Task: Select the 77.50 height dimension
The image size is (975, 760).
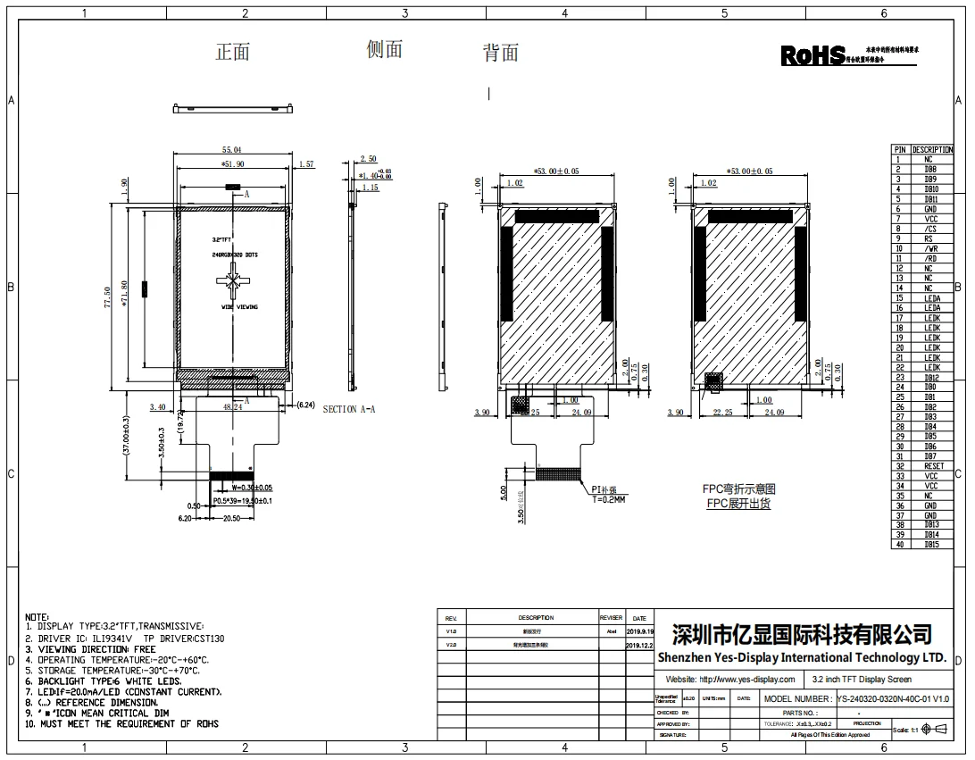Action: [x=109, y=297]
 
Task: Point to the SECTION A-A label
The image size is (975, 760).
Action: [x=349, y=409]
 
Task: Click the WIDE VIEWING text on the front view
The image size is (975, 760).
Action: [x=239, y=307]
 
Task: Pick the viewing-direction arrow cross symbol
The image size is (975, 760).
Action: [x=234, y=283]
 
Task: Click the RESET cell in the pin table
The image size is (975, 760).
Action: [x=931, y=466]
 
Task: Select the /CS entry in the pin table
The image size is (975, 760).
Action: [x=931, y=230]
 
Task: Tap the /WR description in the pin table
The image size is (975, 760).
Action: [x=931, y=249]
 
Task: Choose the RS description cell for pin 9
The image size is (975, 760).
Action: [x=931, y=239]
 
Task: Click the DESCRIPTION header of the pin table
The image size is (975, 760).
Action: [x=931, y=150]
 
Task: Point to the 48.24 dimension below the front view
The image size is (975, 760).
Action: [x=232, y=407]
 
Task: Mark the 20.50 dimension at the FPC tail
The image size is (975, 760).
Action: [x=231, y=519]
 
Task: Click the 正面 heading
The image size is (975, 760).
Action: [x=232, y=53]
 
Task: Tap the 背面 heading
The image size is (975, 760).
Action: [x=501, y=54]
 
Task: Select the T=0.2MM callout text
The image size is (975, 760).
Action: [x=608, y=500]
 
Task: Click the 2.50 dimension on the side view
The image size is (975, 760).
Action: [x=368, y=159]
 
